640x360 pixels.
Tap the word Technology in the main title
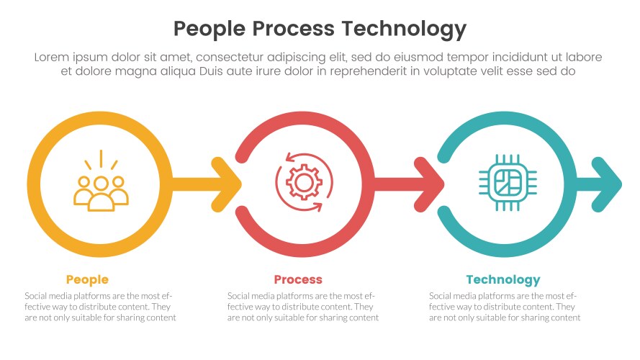(x=404, y=29)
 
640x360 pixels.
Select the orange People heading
(x=87, y=279)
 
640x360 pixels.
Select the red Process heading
(x=298, y=279)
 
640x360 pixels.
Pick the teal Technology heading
(x=502, y=279)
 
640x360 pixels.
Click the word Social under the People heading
(x=38, y=296)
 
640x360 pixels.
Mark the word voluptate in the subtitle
(x=456, y=71)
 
